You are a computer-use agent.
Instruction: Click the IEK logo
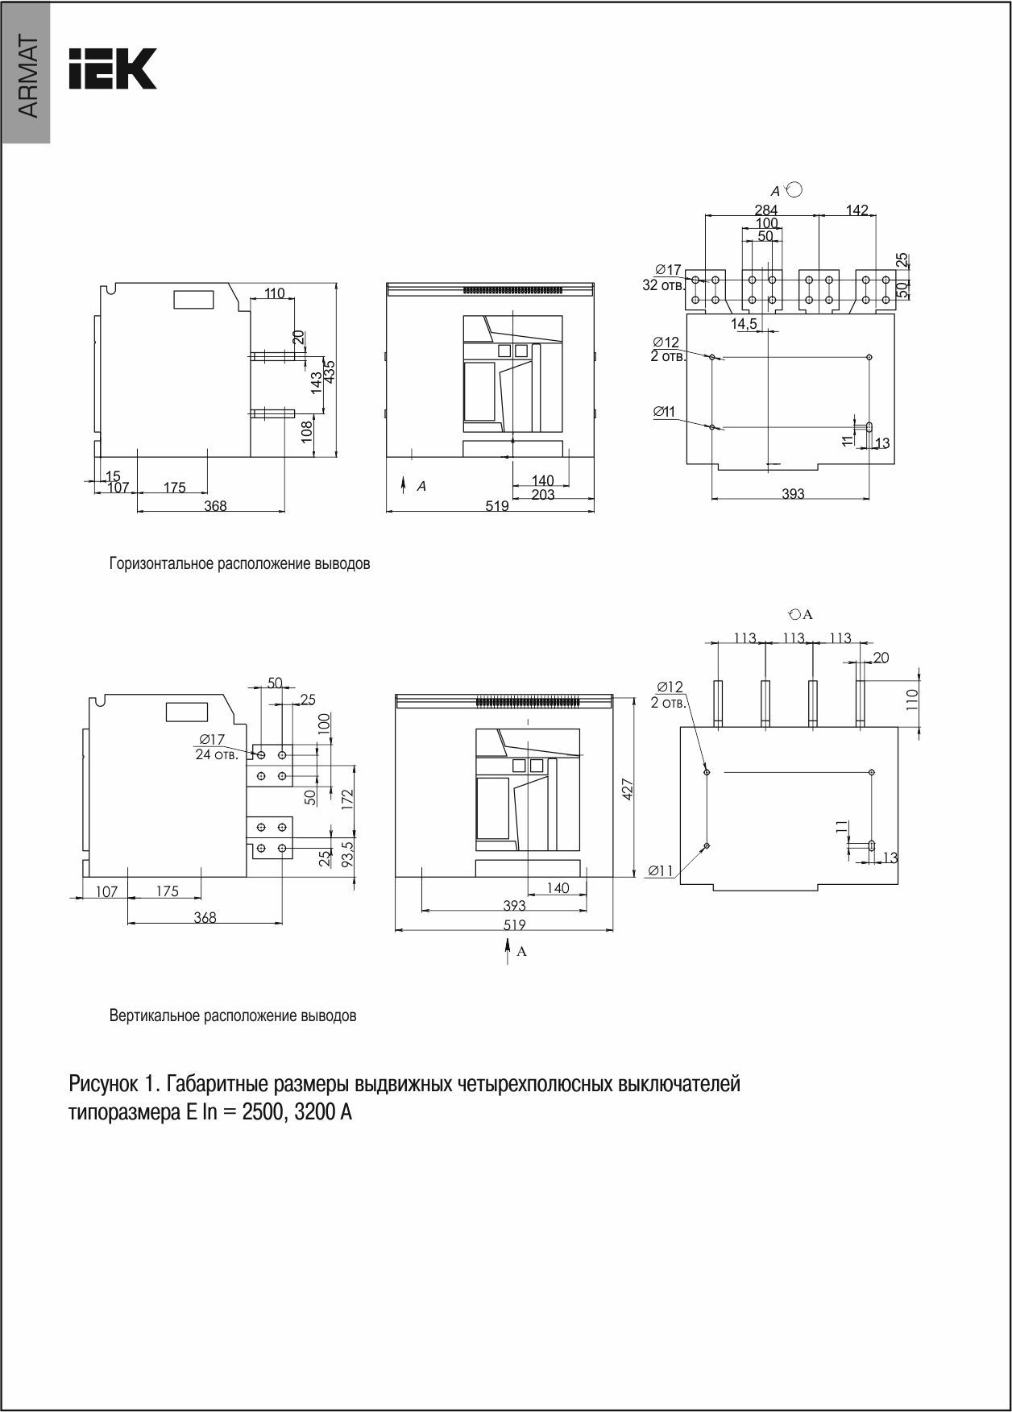point(112,69)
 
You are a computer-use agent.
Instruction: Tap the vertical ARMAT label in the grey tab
point(27,77)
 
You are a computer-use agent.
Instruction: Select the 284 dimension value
point(765,211)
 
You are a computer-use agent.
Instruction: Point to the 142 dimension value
point(857,210)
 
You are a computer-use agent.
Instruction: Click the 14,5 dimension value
point(743,323)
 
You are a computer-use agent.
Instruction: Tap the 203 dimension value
point(543,495)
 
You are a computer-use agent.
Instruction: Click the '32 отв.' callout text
point(663,285)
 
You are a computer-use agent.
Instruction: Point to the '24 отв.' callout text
point(216,755)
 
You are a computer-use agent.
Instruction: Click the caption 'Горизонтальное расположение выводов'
point(239,564)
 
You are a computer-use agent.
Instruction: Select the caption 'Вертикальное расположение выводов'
point(233,1016)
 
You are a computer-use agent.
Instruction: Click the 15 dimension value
point(113,476)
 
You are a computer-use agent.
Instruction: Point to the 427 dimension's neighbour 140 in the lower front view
point(558,888)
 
